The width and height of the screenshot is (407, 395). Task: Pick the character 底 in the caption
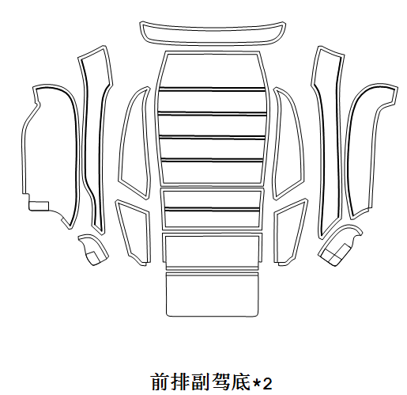tap(241, 382)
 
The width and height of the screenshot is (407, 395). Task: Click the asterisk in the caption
tap(256, 382)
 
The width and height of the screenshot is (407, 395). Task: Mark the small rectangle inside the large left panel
tap(39, 206)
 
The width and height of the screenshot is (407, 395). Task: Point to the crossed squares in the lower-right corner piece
tap(334, 254)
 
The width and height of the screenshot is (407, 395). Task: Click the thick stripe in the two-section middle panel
tap(212, 210)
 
